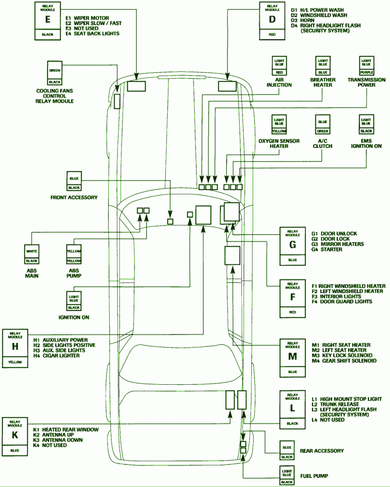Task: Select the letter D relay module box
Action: [x=272, y=19]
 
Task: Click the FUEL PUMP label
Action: [x=313, y=476]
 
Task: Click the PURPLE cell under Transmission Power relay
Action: [x=367, y=72]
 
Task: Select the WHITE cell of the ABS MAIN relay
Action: [x=32, y=251]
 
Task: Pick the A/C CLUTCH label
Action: [x=323, y=144]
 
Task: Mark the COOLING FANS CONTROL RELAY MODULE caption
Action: [x=55, y=96]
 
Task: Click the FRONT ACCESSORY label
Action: [x=74, y=197]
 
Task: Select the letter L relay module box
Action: [x=292, y=408]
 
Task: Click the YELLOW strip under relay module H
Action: [x=15, y=362]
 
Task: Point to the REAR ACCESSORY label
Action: [x=321, y=450]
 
